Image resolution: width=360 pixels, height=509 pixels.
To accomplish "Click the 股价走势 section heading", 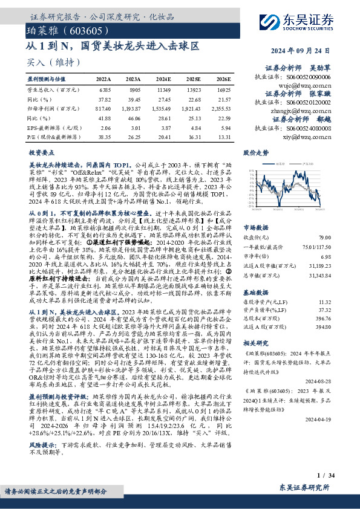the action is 255,153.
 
